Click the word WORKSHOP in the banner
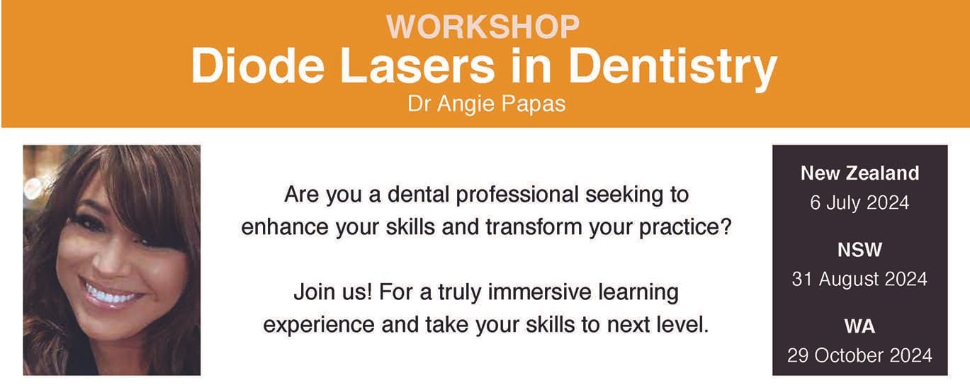[483, 27]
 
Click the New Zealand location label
[859, 173]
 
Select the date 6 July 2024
[859, 204]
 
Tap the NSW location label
[859, 249]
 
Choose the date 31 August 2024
[859, 280]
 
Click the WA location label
[859, 326]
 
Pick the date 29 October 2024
[859, 355]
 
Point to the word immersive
[551, 292]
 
